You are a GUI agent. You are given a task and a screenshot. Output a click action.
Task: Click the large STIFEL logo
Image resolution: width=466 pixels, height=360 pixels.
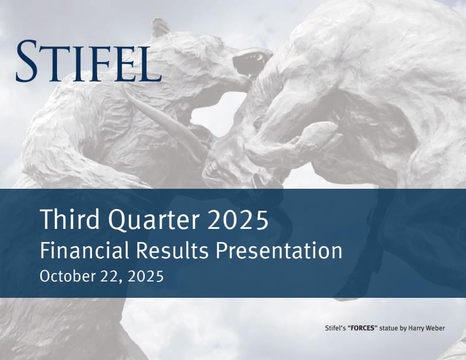[x=89, y=61]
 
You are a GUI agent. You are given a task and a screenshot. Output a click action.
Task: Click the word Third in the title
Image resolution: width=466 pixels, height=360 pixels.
[x=69, y=220]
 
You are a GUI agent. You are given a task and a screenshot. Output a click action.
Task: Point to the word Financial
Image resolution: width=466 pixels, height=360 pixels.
[x=84, y=250]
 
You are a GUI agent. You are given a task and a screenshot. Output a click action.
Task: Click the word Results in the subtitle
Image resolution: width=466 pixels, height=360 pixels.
[x=172, y=250]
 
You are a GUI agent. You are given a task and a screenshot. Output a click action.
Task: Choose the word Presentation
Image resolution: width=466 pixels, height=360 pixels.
[x=279, y=250]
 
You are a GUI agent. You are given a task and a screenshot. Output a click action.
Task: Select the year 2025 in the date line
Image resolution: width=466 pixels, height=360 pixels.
[x=146, y=276]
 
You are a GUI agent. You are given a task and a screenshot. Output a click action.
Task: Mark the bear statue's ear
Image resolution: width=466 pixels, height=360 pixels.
[x=160, y=28]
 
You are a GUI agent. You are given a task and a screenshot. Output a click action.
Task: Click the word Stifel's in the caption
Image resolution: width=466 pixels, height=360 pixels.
[x=337, y=328]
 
